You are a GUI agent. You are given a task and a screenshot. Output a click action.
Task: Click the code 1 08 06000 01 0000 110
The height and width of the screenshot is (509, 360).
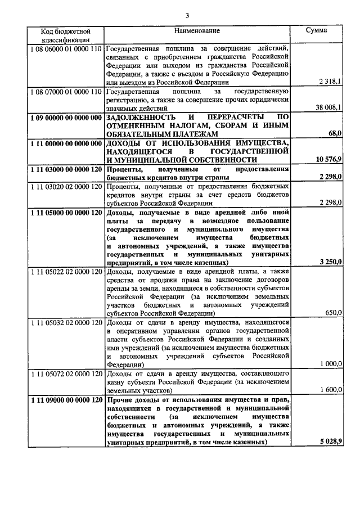tap(66, 48)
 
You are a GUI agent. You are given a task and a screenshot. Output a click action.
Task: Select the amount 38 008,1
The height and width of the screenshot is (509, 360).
tap(328, 107)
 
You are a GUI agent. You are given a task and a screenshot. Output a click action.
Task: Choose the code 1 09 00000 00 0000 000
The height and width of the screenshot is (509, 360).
tap(66, 116)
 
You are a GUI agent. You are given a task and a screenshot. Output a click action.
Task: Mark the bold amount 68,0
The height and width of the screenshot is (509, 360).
tap(335, 133)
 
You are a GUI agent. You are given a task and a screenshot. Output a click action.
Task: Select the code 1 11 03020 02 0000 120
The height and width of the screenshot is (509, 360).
tap(66, 186)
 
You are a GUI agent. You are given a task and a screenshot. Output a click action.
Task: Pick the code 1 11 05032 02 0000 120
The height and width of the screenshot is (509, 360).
tap(66, 322)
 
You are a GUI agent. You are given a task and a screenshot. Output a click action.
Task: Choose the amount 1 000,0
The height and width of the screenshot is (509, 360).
tap(331, 364)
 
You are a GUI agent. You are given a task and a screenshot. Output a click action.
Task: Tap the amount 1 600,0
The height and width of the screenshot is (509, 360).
tap(331, 389)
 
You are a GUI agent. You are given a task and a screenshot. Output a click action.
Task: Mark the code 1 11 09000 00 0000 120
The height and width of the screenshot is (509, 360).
tap(66, 399)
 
